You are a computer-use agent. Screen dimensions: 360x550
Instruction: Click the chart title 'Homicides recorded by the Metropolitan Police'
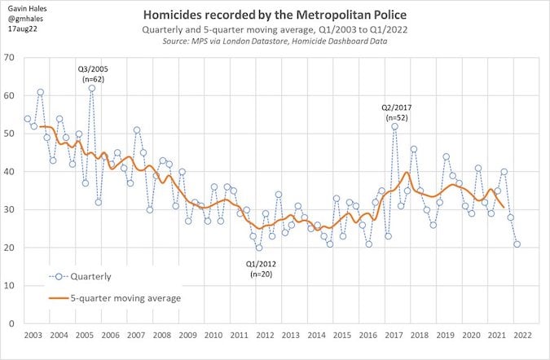[275, 15]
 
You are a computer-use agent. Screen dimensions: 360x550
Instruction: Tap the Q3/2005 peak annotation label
[92, 73]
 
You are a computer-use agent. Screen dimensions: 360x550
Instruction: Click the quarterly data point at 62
[92, 88]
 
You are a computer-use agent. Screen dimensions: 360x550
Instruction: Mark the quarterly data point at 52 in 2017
[394, 126]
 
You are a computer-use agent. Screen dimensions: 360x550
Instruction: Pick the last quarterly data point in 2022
[517, 244]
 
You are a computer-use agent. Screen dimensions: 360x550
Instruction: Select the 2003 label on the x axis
[34, 336]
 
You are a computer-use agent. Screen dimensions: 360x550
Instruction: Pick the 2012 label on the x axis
[265, 336]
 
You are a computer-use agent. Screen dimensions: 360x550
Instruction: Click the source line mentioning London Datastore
[275, 41]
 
